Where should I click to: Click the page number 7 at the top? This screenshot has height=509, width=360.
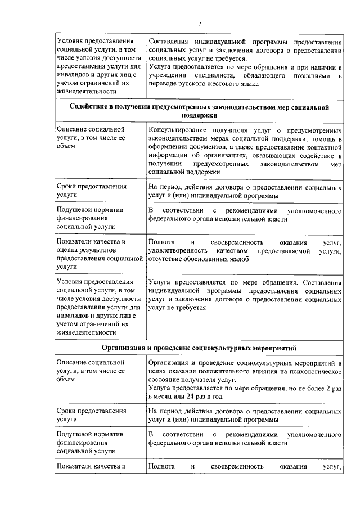[199, 23]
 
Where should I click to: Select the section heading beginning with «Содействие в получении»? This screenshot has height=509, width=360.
[199, 110]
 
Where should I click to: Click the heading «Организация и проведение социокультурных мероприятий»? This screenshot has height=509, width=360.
[199, 348]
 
